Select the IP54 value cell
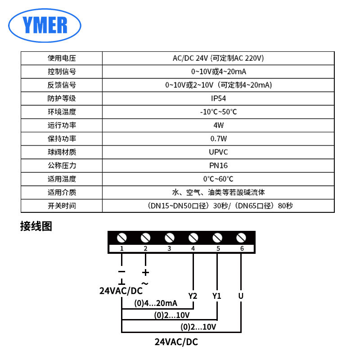[218, 98]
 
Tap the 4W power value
[218, 125]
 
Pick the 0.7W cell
[218, 139]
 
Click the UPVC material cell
[218, 152]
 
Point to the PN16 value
[218, 166]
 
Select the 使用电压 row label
[62, 58]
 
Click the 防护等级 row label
[62, 98]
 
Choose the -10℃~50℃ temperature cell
[218, 112]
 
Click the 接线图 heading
[36, 226]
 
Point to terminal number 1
[122, 248]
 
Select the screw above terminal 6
[241, 238]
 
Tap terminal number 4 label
[193, 248]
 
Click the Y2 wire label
[193, 296]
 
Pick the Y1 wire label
[217, 296]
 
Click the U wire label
[241, 296]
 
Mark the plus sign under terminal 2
[145, 272]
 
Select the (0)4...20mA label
[156, 303]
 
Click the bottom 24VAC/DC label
[176, 342]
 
